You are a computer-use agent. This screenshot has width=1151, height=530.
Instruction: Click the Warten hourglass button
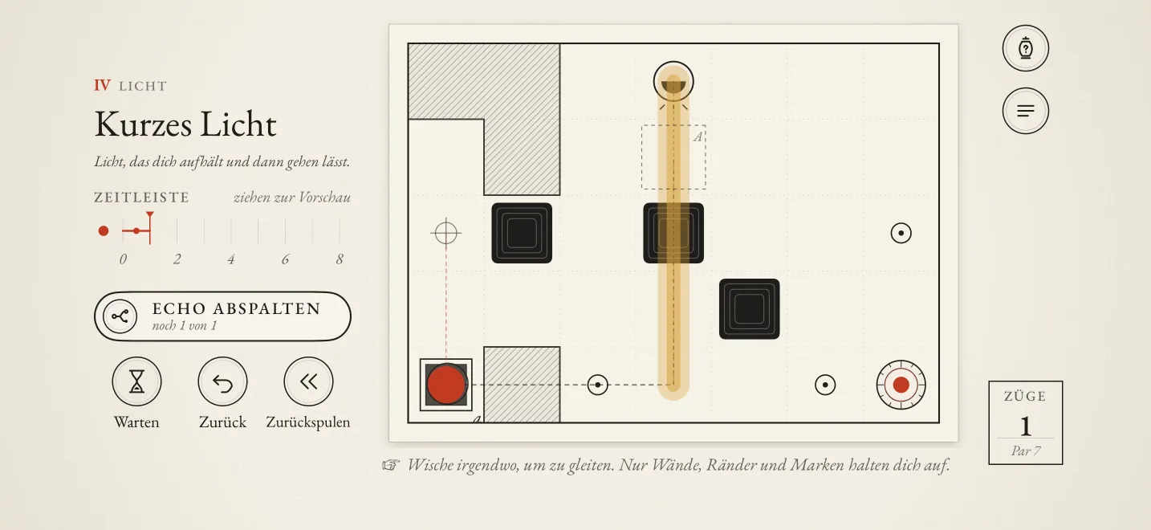[x=136, y=381]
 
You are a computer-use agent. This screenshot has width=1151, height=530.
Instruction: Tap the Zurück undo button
[x=222, y=381]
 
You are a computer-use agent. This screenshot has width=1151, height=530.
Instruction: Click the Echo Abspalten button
[x=222, y=316]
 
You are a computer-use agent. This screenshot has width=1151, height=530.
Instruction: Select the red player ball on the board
[x=446, y=385]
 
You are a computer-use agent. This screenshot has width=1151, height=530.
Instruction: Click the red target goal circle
[x=901, y=385]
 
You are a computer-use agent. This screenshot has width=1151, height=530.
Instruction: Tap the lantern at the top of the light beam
[x=673, y=82]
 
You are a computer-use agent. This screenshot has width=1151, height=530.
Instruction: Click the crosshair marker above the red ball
[x=446, y=233]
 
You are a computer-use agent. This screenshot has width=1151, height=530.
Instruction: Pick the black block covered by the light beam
[x=673, y=233]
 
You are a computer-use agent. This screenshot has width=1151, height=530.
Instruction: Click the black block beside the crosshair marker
[x=522, y=233]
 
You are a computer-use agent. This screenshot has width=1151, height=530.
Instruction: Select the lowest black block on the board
[x=749, y=309]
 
